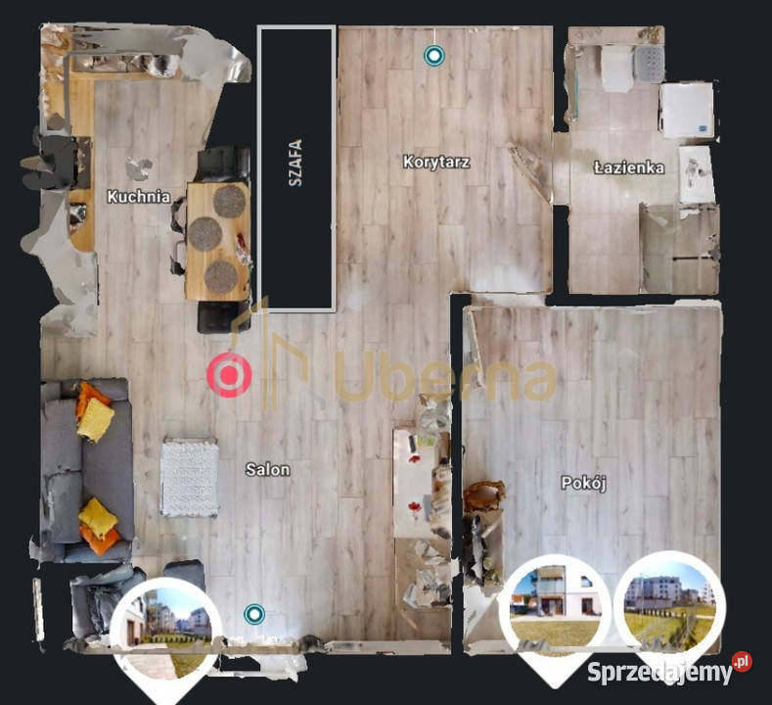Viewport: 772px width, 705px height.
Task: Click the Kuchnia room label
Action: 139,197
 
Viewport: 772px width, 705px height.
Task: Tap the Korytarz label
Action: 436,163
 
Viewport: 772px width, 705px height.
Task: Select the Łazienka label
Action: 629,167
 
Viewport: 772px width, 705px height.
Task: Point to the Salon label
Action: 267,469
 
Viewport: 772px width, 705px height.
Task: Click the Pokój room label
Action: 583,483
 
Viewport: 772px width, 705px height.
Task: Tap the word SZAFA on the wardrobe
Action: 295,164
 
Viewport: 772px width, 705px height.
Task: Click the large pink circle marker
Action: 229,375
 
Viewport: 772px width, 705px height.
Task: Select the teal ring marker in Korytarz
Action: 434,56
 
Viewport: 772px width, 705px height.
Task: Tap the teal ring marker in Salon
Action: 254,614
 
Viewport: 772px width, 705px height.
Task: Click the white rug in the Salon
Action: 190,477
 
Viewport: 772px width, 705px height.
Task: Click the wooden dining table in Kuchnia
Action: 218,241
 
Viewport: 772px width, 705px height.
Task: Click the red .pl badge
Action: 742,662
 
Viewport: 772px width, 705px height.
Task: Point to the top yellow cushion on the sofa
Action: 95,419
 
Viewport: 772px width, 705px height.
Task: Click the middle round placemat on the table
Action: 205,233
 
